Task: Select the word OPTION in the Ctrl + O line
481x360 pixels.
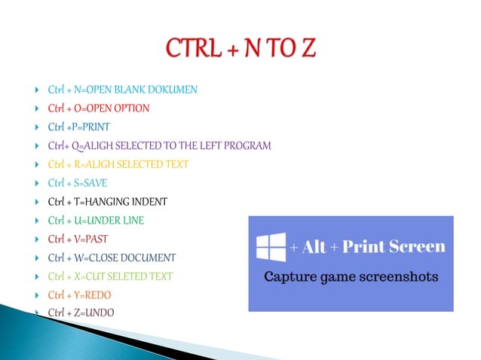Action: [132, 108]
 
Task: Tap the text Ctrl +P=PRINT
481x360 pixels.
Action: [78, 127]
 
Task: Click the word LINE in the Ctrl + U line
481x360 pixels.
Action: [131, 221]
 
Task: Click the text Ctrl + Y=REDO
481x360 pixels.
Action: [80, 294]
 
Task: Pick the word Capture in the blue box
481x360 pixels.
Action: [289, 277]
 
